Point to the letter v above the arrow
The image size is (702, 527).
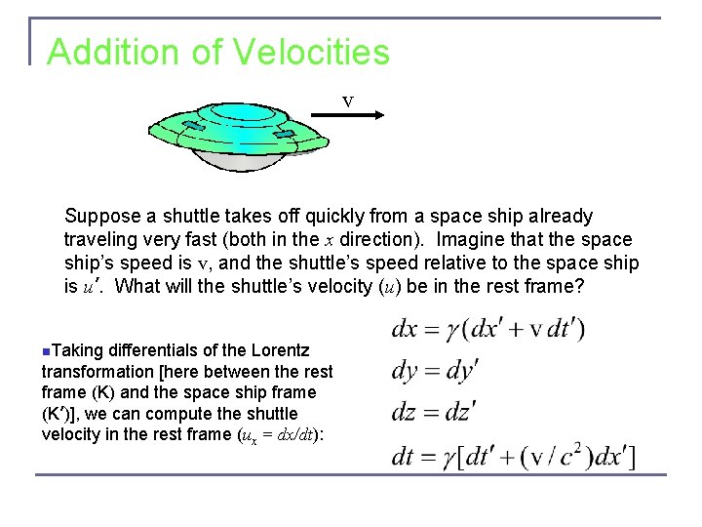(x=347, y=101)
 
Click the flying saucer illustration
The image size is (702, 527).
(x=234, y=137)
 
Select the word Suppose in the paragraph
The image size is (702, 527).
(x=101, y=217)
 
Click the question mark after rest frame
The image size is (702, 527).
(x=578, y=287)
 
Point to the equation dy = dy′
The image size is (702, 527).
(x=435, y=371)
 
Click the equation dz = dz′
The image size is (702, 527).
(x=433, y=413)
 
